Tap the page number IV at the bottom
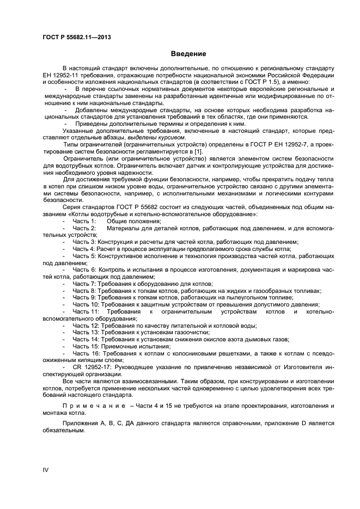(46, 469)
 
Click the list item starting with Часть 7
(142, 284)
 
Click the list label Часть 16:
(86, 353)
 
